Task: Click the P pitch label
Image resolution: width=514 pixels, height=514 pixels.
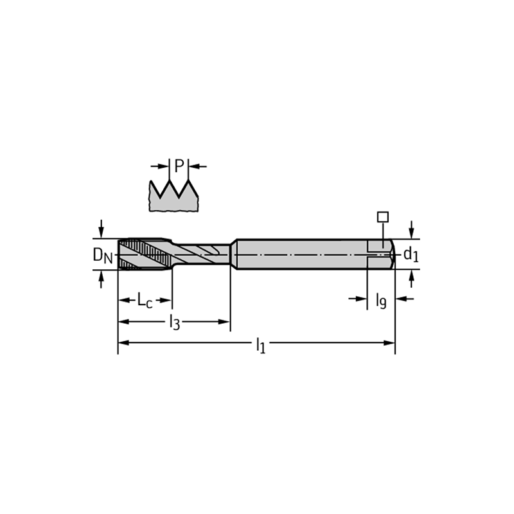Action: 179,166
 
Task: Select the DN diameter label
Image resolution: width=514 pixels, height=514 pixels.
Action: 103,255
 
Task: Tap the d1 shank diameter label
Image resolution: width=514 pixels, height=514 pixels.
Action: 411,254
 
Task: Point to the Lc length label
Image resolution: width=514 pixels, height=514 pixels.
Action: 145,300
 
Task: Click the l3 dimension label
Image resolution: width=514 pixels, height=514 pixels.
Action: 174,322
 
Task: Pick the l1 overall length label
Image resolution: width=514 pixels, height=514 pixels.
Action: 261,345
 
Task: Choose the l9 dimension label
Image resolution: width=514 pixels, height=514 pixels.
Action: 381,300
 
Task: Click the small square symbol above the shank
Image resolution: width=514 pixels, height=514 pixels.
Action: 383,217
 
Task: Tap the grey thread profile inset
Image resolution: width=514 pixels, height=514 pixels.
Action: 173,195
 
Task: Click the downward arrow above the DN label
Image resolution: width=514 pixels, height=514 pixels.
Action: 102,229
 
